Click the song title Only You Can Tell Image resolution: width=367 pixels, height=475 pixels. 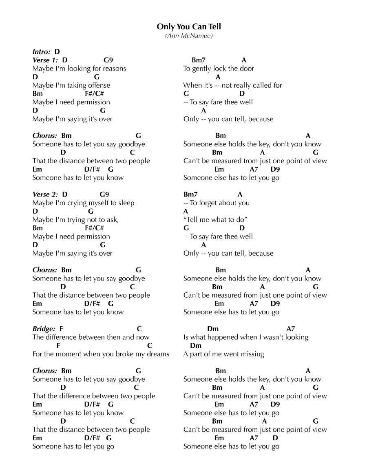coord(189,27)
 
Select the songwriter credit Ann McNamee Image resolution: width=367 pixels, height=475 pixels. coord(189,36)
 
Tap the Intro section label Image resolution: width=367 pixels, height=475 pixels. coord(42,52)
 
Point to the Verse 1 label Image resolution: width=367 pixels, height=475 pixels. coord(45,60)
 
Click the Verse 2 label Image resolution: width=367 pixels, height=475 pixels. coord(45,194)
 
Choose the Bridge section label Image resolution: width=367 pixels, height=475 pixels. coord(44,329)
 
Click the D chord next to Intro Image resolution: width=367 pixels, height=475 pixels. coord(57,52)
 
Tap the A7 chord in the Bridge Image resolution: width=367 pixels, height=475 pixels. coord(291,329)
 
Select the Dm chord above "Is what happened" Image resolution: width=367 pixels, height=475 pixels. coord(213,329)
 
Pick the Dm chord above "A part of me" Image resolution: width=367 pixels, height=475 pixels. coord(196,345)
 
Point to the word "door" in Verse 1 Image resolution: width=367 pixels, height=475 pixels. coord(247,68)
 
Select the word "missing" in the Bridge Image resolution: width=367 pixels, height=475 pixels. coord(252,354)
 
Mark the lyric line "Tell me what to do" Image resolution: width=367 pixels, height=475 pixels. coord(216,219)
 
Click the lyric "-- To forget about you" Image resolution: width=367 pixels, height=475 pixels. coord(217,203)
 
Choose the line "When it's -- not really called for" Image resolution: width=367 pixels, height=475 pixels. coord(232,85)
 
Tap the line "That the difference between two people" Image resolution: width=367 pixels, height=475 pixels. coord(94,396)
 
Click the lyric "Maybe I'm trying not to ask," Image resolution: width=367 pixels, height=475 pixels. coord(75,219)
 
